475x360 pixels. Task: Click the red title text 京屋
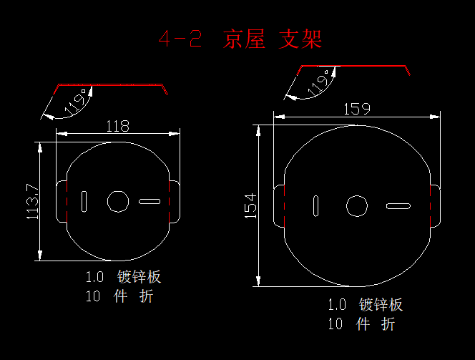[244, 39]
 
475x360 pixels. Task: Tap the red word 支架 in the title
[300, 39]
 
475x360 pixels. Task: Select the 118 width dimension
[117, 126]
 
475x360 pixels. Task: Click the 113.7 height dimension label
[33, 201]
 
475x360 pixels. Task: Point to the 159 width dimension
[357, 109]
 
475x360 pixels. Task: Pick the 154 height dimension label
[250, 206]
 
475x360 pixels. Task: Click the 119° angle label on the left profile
[75, 102]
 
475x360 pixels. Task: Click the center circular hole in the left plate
[118, 202]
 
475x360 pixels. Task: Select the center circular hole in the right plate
[357, 206]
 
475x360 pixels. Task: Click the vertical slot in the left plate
[84, 202]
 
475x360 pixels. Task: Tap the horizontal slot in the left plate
[150, 202]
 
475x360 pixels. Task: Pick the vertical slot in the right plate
[315, 206]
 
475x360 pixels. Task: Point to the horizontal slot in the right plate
[398, 206]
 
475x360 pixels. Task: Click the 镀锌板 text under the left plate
[139, 277]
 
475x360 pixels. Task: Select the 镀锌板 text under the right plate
[381, 305]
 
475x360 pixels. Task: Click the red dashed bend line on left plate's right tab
[169, 202]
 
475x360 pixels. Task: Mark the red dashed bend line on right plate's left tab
[285, 206]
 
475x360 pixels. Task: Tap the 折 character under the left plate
[147, 296]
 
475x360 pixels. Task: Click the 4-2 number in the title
[180, 39]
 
